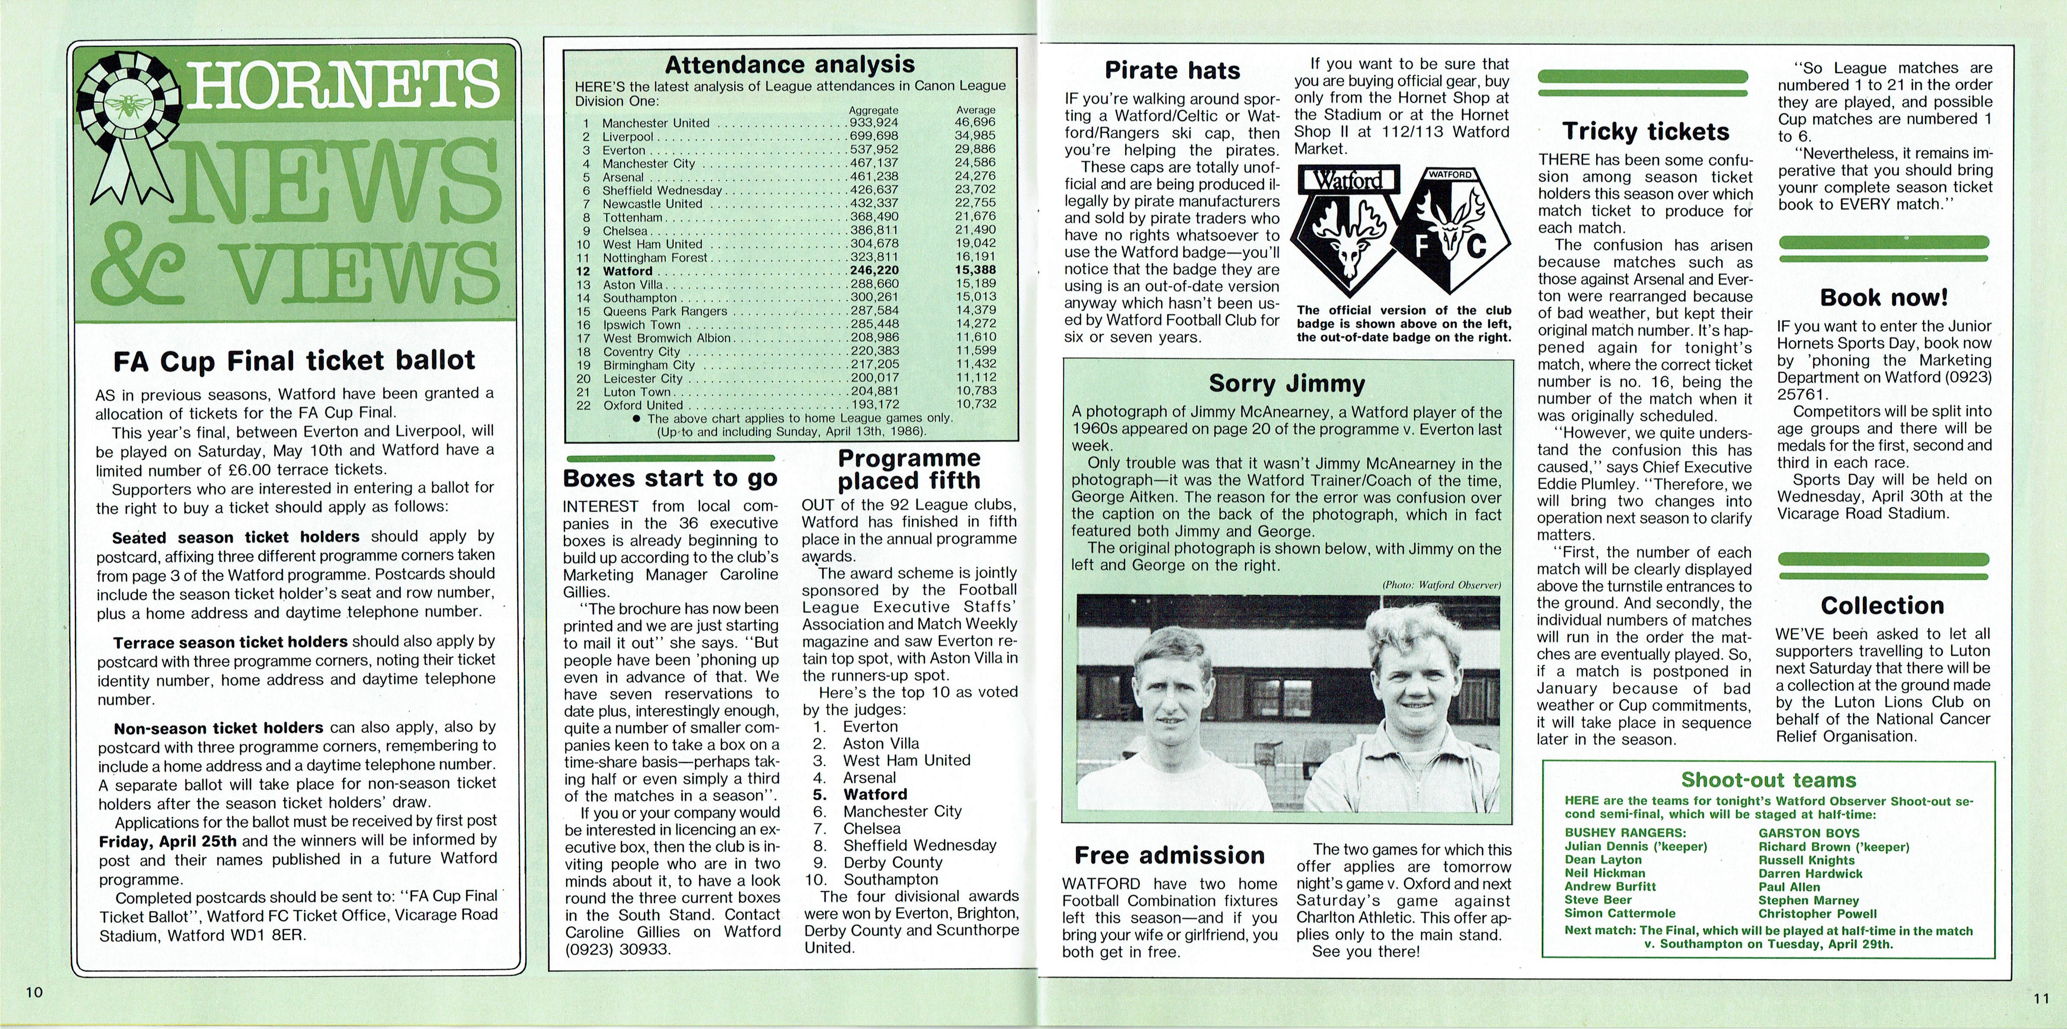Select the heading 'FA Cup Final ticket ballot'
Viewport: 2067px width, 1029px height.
pos(294,360)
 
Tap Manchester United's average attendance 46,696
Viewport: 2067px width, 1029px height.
pos(975,123)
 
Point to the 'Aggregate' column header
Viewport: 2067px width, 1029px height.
pos(874,110)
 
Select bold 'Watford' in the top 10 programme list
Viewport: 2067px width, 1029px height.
pos(875,794)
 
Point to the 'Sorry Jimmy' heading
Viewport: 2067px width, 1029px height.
pos(1286,384)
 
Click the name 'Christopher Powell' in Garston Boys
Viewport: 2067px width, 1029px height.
pos(1817,914)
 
